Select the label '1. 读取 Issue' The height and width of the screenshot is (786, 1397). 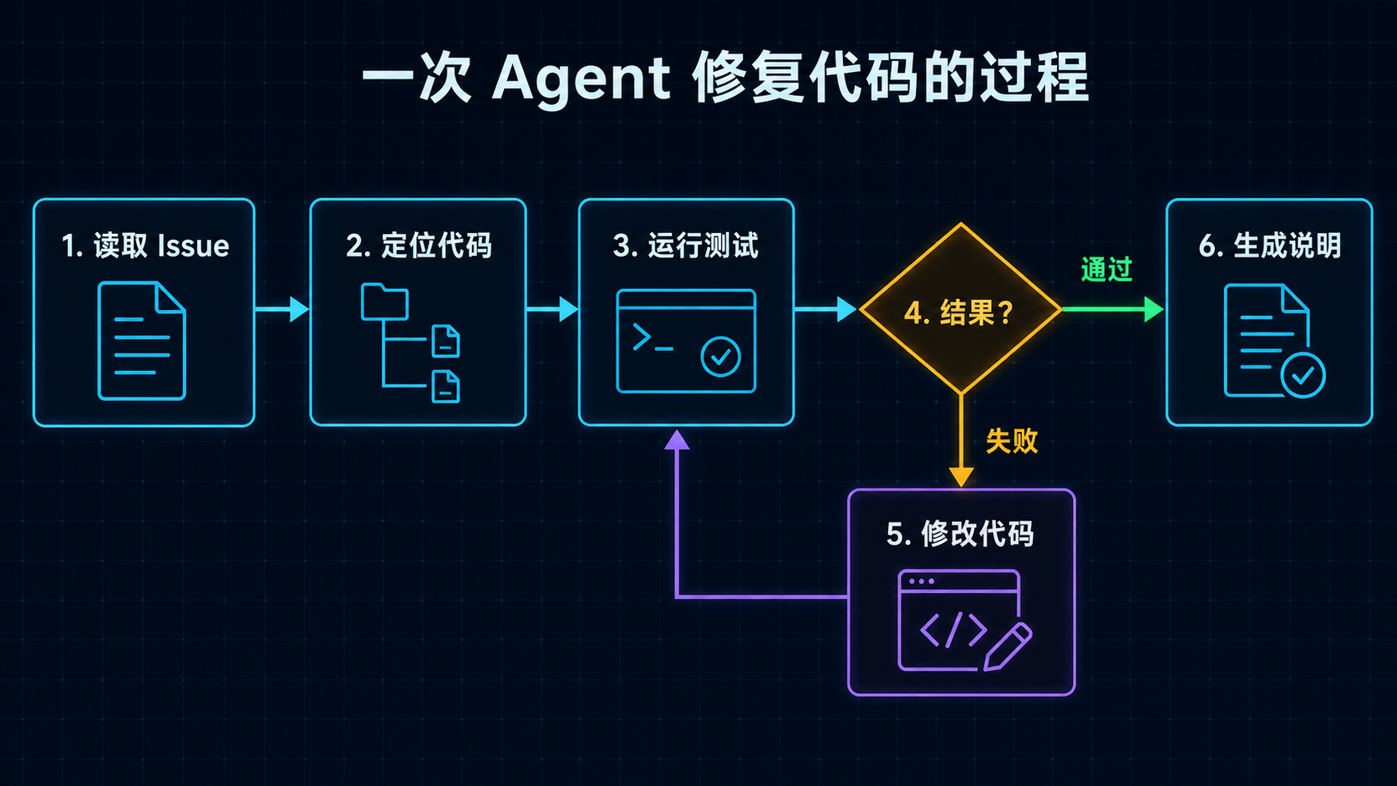[x=145, y=246]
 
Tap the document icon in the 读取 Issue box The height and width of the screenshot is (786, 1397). [x=142, y=340]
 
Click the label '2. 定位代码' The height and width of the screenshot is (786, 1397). [x=419, y=246]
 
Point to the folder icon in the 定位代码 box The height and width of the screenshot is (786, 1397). [x=385, y=302]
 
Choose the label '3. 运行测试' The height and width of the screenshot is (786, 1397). [x=686, y=246]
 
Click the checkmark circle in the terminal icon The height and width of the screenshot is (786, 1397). [x=720, y=357]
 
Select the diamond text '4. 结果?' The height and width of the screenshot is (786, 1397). [x=960, y=312]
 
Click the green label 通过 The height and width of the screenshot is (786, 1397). [x=1106, y=269]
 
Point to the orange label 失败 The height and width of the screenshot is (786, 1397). [x=1012, y=441]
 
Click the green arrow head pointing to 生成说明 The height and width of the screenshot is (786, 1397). [x=1154, y=309]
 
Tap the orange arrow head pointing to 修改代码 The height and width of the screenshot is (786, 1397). [x=961, y=477]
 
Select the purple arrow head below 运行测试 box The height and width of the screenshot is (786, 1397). [x=677, y=440]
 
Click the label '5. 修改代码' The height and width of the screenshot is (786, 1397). [x=961, y=535]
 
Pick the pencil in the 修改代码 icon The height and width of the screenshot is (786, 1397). [x=1008, y=647]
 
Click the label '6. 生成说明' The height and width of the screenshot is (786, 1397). [x=1270, y=246]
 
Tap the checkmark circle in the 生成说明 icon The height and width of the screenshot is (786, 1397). [x=1303, y=375]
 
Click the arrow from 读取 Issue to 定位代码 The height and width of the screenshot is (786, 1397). [x=282, y=309]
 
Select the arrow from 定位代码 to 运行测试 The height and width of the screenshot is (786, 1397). [x=552, y=309]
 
